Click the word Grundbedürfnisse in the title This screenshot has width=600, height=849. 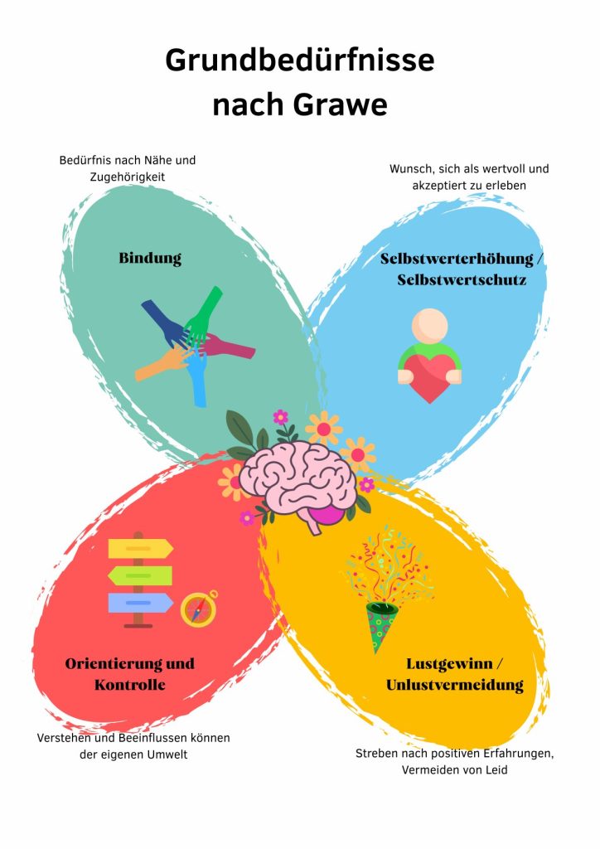point(300,61)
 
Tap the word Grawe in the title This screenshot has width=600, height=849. point(341,104)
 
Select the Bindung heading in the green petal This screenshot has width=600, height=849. point(150,259)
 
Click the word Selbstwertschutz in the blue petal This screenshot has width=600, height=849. point(462,280)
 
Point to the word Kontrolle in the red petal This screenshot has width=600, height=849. point(130,685)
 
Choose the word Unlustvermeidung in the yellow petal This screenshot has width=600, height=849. point(454,686)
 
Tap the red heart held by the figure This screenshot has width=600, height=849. point(430,377)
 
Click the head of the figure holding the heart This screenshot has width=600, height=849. point(429,325)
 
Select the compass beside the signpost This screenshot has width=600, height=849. point(199,609)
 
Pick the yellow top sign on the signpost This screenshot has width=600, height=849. point(141,549)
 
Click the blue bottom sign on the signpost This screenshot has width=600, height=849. point(141,603)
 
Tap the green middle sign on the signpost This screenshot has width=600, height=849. point(140,575)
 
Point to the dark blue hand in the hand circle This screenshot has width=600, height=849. point(165,323)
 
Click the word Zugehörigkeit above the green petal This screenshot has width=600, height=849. point(128,177)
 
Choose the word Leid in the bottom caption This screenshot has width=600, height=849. point(496,769)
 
